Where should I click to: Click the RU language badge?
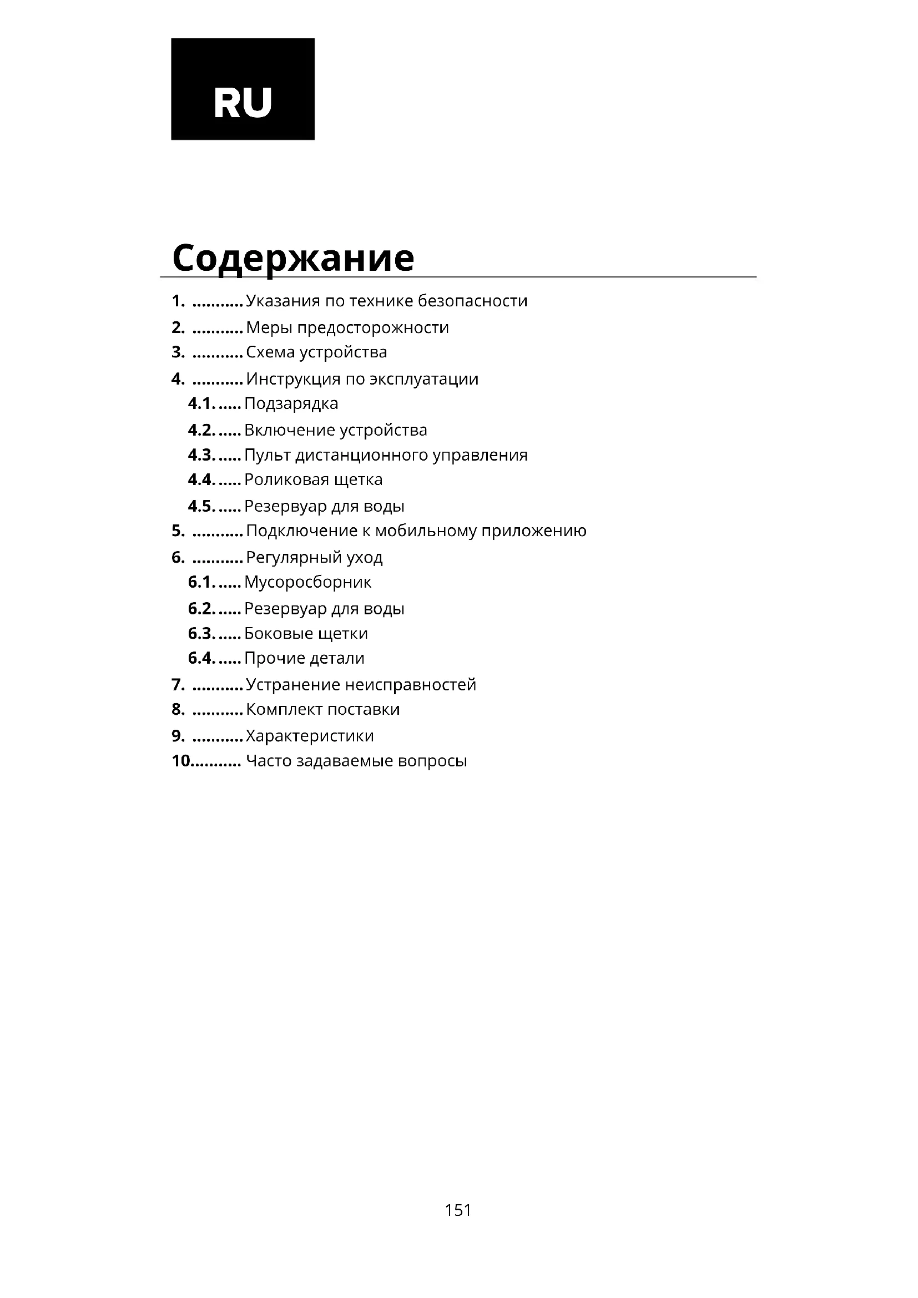[243, 88]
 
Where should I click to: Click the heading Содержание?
[293, 258]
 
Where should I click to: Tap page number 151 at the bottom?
[458, 1210]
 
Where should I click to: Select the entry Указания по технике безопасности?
[387, 301]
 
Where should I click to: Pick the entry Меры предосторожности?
[347, 328]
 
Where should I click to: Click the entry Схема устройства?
[316, 352]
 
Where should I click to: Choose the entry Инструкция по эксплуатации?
[362, 379]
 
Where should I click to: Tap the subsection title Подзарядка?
[291, 403]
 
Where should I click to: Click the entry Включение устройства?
[336, 430]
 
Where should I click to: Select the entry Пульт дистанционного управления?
[386, 455]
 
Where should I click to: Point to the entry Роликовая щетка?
[313, 480]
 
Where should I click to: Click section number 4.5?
[201, 506]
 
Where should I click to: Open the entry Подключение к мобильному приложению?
[416, 531]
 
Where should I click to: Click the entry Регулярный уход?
[314, 557]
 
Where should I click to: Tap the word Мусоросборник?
[307, 582]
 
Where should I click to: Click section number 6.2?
[201, 609]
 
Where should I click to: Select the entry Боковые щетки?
[306, 634]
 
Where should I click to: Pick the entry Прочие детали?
[304, 659]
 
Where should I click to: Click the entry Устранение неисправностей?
[361, 685]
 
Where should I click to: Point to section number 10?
[181, 761]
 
